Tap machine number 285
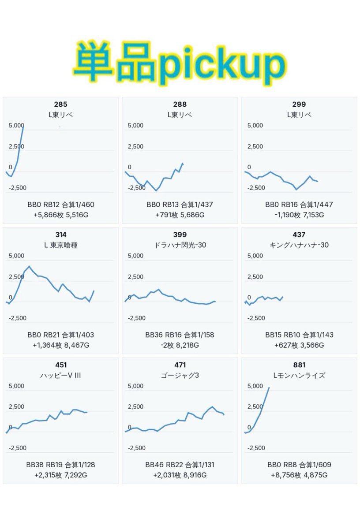[x=60, y=104]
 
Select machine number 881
[x=299, y=365]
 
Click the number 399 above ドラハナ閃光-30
[x=180, y=235]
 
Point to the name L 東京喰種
[x=61, y=245]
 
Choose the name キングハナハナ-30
[x=299, y=245]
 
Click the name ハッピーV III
[x=61, y=376]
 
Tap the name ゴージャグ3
[x=180, y=376]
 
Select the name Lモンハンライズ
[x=299, y=376]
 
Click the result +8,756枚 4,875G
[x=299, y=475]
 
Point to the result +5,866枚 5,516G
[x=61, y=215]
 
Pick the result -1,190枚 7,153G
[x=299, y=215]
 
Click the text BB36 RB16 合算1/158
[x=180, y=335]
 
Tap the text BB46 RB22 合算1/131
[x=180, y=465]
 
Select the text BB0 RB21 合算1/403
[x=61, y=335]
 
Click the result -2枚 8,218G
[x=180, y=345]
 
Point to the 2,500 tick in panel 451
[x=17, y=407]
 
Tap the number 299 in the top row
[x=299, y=104]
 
